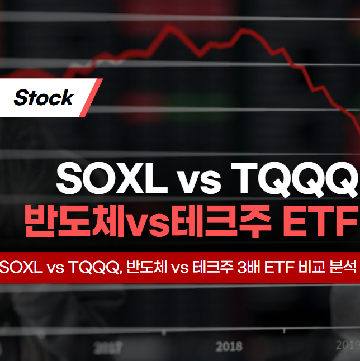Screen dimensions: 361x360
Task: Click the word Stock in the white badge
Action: [x=44, y=98]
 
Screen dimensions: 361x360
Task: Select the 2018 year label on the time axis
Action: [x=229, y=346]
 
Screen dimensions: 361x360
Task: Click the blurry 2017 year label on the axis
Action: [x=107, y=348]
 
